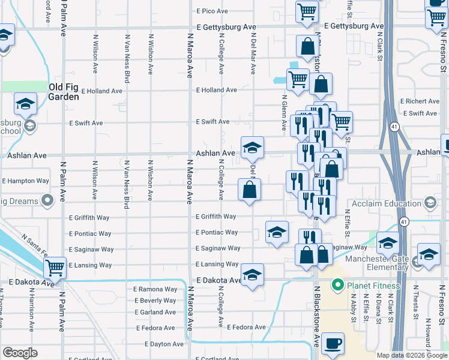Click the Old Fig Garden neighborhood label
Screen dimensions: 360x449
point(63,92)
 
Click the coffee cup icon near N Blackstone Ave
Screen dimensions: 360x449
point(332,344)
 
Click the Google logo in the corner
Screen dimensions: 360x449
point(19,353)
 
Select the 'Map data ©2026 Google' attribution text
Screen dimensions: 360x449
point(412,355)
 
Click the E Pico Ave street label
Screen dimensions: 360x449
point(212,11)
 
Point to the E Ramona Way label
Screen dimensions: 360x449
point(155,289)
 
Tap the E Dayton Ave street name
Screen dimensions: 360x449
point(164,344)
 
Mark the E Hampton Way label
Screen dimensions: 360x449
point(25,181)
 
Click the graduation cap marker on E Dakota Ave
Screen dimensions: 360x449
point(253,276)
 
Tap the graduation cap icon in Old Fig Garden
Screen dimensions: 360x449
point(25,106)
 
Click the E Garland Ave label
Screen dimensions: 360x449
point(155,312)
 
